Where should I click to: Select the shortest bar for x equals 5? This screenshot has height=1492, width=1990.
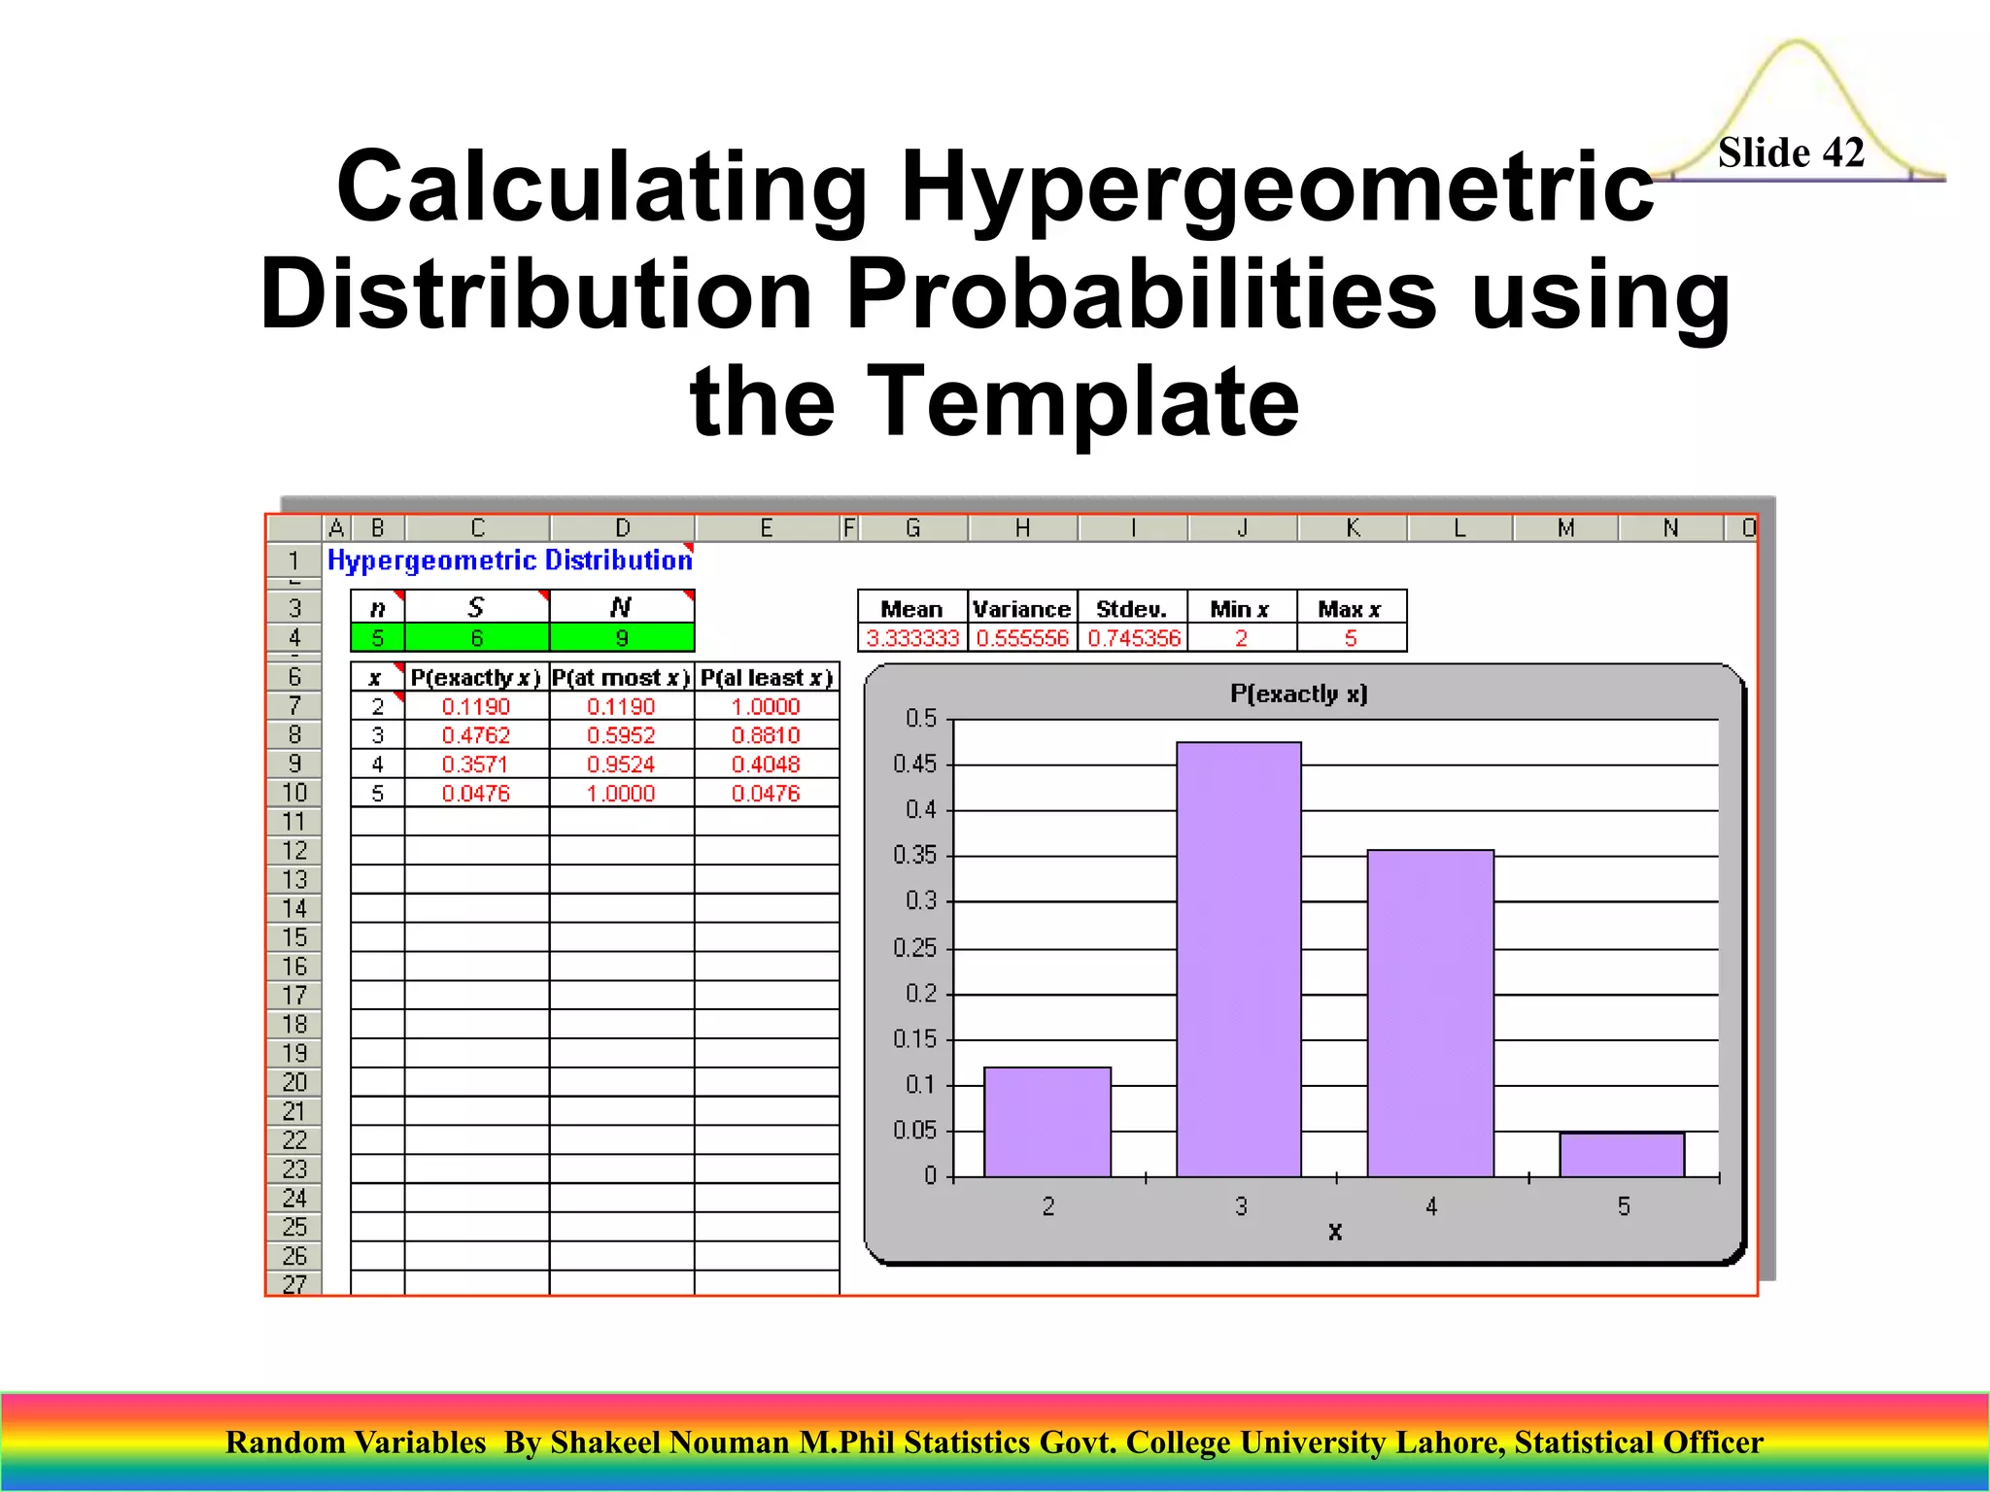pyautogui.click(x=1622, y=1155)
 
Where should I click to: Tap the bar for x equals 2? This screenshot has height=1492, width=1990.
pyautogui.click(x=1047, y=1122)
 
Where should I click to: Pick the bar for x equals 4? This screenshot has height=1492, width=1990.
pyautogui.click(x=1430, y=1013)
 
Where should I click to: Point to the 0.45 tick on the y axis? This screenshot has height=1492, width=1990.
pyautogui.click(x=915, y=764)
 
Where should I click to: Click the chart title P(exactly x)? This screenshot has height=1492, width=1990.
pyautogui.click(x=1298, y=694)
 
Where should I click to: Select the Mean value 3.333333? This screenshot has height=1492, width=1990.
pyautogui.click(x=912, y=638)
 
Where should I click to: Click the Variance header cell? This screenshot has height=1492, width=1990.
pyautogui.click(x=1021, y=609)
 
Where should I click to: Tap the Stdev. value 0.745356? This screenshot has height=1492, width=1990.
pyautogui.click(x=1133, y=638)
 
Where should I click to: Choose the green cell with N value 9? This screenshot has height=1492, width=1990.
pyautogui.click(x=622, y=638)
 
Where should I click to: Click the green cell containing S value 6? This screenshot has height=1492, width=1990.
pyautogui.click(x=476, y=638)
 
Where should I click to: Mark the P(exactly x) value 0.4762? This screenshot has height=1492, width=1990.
pyautogui.click(x=476, y=735)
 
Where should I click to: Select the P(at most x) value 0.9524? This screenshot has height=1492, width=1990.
pyautogui.click(x=621, y=764)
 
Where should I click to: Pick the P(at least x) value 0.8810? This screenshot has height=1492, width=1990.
pyautogui.click(x=766, y=735)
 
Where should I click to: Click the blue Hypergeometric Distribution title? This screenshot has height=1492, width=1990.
pyautogui.click(x=510, y=560)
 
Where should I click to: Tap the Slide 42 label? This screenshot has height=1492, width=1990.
pyautogui.click(x=1791, y=153)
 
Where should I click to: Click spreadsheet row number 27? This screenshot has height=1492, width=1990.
pyautogui.click(x=294, y=1284)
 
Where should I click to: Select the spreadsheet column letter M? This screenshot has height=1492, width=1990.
pyautogui.click(x=1565, y=528)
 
